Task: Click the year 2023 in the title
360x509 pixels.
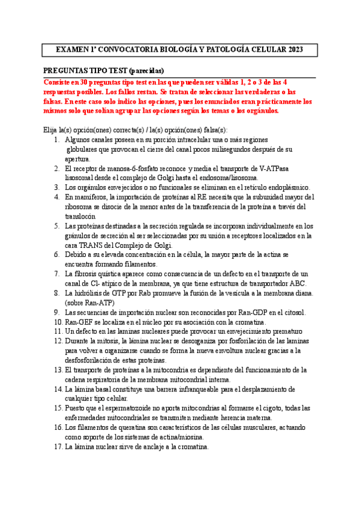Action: click(x=294, y=49)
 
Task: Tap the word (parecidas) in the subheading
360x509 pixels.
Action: click(x=143, y=70)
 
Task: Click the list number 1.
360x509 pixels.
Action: click(x=56, y=140)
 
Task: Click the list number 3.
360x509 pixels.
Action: click(x=56, y=188)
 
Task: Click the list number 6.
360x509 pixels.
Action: click(x=56, y=254)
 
